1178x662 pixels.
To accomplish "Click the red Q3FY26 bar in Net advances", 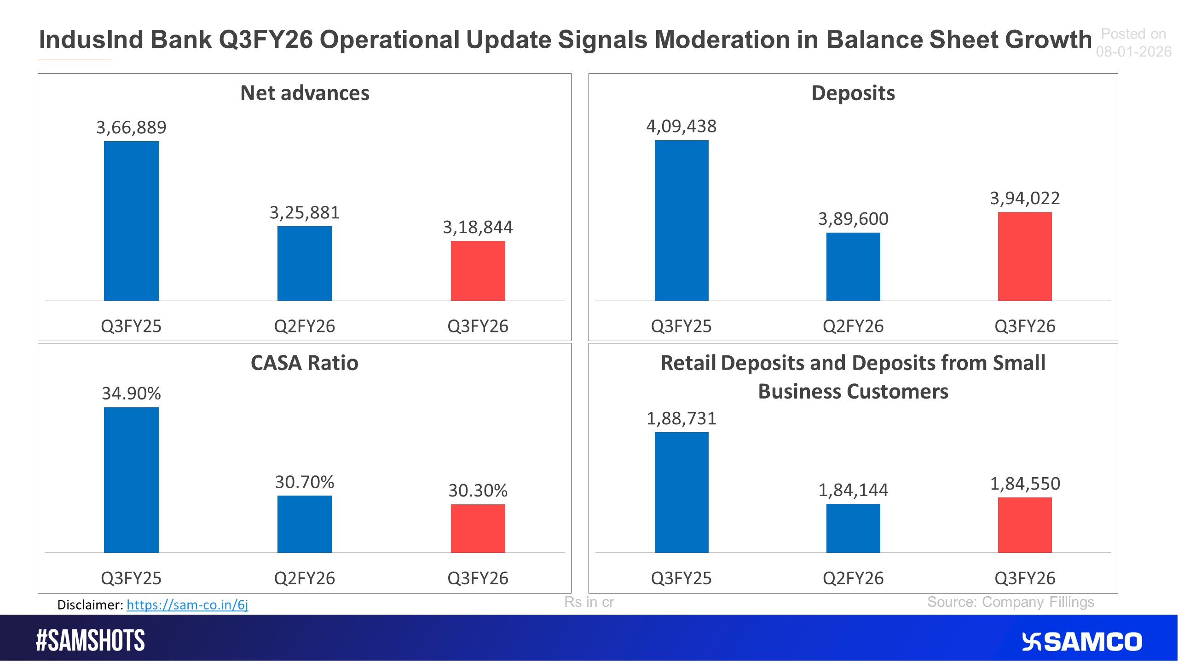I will (478, 271).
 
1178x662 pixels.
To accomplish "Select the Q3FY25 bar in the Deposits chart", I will (681, 221).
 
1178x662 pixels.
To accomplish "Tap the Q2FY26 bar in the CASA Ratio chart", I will (304, 524).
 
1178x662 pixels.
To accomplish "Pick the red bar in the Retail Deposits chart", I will (1025, 525).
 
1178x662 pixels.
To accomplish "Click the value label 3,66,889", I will (131, 127).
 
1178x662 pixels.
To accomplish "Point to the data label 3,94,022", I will (1025, 198).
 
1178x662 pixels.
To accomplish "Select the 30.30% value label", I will (478, 491).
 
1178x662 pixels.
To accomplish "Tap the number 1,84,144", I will (853, 490).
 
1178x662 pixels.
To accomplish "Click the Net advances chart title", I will (305, 93).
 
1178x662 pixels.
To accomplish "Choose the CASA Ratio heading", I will (304, 363).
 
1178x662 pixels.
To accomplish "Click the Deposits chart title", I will (853, 93).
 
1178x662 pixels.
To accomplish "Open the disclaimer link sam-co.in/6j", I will (187, 605).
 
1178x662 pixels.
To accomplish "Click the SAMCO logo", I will (1082, 642).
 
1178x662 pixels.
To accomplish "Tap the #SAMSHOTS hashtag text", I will (91, 641).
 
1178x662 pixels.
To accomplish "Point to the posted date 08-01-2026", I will (1133, 51).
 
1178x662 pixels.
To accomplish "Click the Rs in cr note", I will (589, 602).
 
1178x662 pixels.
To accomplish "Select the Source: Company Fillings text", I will (1011, 602).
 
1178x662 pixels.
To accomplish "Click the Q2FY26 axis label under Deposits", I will (853, 326).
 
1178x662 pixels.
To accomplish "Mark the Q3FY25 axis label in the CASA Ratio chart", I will (131, 578).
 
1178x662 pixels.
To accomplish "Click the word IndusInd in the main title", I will (91, 40).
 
